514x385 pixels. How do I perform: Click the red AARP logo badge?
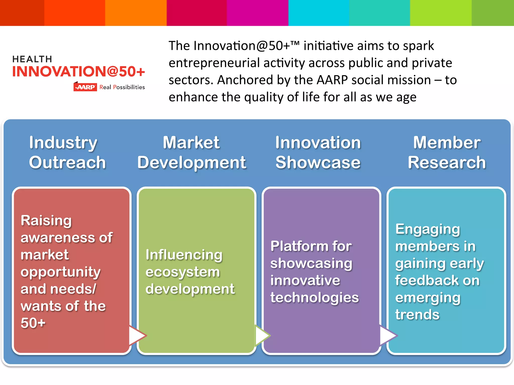pyautogui.click(x=85, y=87)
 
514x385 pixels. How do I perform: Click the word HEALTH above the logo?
pyautogui.click(x=32, y=59)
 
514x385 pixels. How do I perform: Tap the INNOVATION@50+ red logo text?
pyautogui.click(x=79, y=72)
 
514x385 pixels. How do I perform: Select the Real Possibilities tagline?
pyautogui.click(x=122, y=87)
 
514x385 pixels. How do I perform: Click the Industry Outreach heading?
pyautogui.click(x=67, y=152)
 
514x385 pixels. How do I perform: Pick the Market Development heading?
pyautogui.click(x=191, y=152)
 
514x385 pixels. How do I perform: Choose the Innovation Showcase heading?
pyautogui.click(x=318, y=152)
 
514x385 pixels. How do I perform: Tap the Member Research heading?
pyautogui.click(x=447, y=152)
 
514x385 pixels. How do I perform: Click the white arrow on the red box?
pyautogui.click(x=137, y=335)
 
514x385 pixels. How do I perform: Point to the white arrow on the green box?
pyautogui.click(x=262, y=335)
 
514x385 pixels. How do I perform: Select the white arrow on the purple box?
pyautogui.click(x=388, y=335)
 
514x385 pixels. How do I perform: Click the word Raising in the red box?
pyautogui.click(x=46, y=221)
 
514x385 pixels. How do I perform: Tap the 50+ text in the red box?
pyautogui.click(x=33, y=323)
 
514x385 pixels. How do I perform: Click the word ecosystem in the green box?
pyautogui.click(x=183, y=272)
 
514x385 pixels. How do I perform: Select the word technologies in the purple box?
pyautogui.click(x=314, y=298)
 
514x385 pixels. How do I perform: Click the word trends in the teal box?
pyautogui.click(x=417, y=315)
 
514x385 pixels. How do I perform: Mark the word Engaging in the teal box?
pyautogui.click(x=428, y=229)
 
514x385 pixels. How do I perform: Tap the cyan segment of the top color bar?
pyautogui.click(x=318, y=13)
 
